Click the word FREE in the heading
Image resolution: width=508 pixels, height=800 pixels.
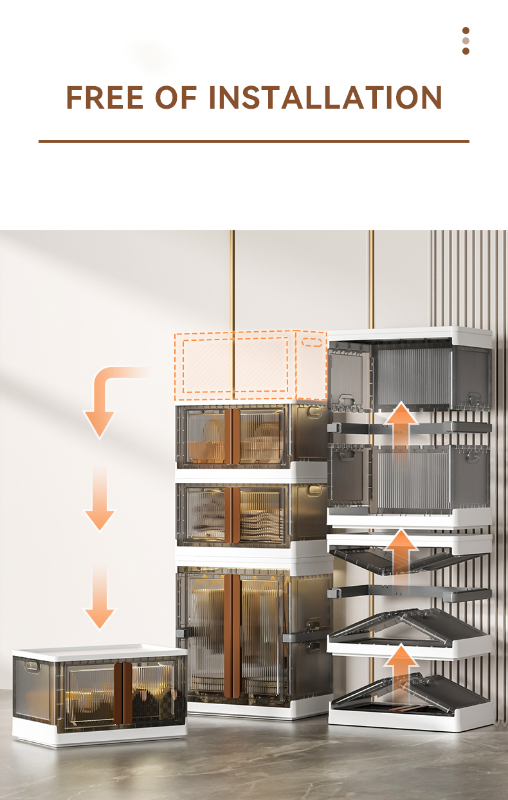(x=105, y=97)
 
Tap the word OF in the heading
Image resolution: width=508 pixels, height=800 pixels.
(x=176, y=97)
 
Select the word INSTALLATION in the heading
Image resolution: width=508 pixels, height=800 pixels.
(x=325, y=97)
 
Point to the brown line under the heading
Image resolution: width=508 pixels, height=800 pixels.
(x=254, y=141)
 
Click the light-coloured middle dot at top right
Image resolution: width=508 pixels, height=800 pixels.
(x=466, y=41)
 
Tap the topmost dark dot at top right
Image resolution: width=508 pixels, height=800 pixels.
(x=466, y=30)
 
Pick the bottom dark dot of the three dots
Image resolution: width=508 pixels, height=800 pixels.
(x=466, y=51)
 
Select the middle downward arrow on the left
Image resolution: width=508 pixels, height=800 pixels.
(x=100, y=500)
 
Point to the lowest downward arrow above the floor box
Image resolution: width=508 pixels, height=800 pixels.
(x=100, y=598)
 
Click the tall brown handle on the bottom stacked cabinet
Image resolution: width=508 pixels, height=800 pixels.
(x=232, y=636)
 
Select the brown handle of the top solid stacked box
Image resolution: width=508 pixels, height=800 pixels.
(x=232, y=437)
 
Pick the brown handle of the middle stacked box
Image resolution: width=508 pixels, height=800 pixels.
(x=232, y=515)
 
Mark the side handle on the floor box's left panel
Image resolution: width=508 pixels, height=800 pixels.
(x=32, y=666)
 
